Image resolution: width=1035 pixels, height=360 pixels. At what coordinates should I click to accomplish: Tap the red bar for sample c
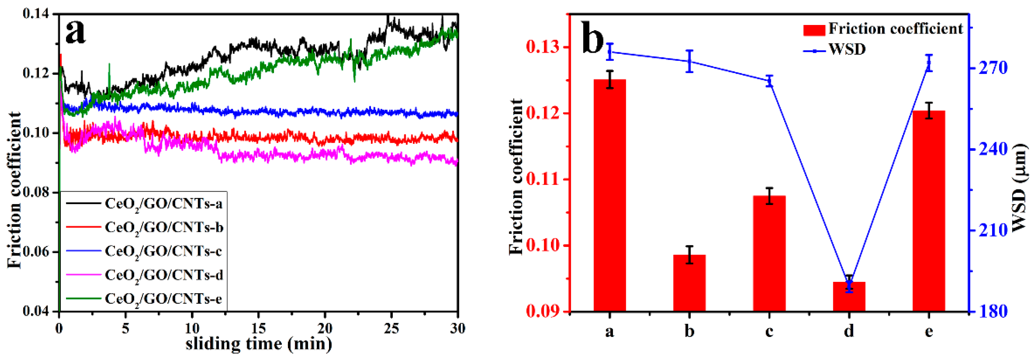[x=769, y=253]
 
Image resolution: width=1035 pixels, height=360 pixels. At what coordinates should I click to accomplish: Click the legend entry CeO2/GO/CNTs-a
[x=163, y=204]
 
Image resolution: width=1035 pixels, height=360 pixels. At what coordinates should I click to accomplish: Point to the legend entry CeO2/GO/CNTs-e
[x=163, y=299]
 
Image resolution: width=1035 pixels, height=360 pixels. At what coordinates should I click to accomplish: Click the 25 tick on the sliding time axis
[x=391, y=329]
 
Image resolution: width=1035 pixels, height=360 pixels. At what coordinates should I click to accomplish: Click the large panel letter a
[x=76, y=32]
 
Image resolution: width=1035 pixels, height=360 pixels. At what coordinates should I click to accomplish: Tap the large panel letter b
[x=593, y=38]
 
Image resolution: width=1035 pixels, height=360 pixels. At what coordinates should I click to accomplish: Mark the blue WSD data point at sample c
[x=769, y=81]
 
